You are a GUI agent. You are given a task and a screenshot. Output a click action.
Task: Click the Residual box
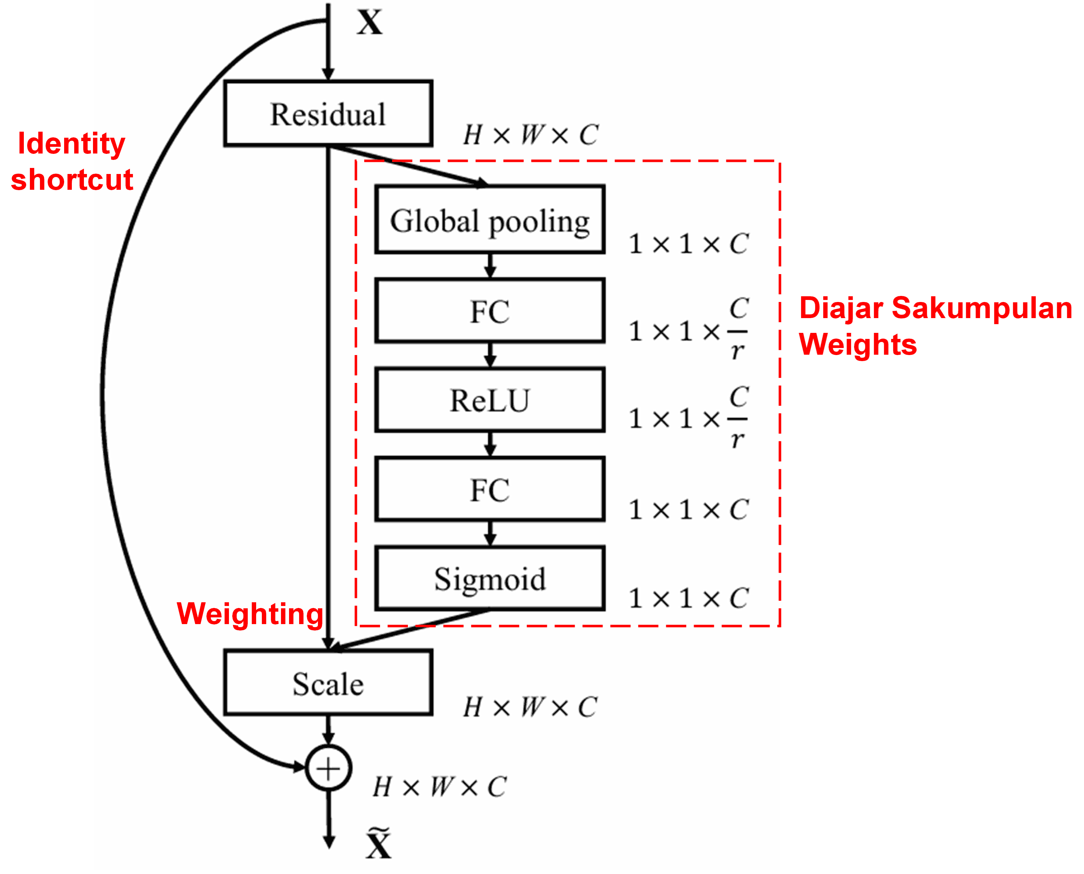328,114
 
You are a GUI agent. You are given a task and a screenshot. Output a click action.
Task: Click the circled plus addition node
328,768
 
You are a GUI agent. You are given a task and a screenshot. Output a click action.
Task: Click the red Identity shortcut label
72,161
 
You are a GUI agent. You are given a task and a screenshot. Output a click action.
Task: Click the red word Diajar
841,308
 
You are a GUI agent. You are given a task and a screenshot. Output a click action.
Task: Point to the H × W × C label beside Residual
530,135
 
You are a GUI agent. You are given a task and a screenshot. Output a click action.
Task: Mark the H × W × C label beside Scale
530,707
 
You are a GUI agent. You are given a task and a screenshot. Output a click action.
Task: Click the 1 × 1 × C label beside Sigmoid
688,599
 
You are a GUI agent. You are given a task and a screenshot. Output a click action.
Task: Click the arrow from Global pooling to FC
490,265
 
